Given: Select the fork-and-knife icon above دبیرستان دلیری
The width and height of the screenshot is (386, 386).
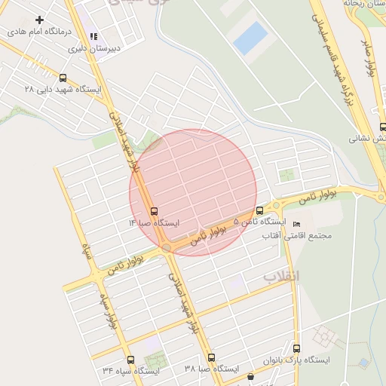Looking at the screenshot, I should point(93,36).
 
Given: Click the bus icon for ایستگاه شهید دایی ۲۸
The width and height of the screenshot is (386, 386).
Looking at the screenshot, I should point(62,77).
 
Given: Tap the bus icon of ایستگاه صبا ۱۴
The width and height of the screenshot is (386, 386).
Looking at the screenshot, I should point(155,211).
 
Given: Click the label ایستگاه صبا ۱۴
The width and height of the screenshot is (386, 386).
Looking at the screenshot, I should point(154,223).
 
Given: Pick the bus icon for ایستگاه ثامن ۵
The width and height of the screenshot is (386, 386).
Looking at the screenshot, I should point(260,210).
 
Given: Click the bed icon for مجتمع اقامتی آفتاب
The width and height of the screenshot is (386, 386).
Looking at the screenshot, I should point(296,225).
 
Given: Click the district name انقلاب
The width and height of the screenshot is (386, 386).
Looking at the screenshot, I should point(281,277).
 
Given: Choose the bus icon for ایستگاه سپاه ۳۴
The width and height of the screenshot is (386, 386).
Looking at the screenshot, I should point(131,360).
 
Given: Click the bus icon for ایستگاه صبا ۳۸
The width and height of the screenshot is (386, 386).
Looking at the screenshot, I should point(211,357).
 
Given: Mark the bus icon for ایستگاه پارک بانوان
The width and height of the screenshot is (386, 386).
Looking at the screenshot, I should point(297,348).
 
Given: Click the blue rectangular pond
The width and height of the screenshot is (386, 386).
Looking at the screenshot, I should point(250,38).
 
